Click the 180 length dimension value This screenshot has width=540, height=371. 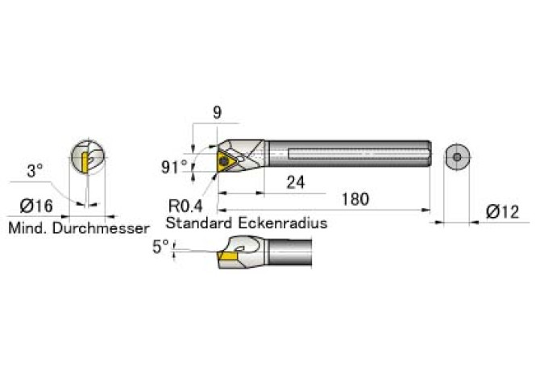(355, 199)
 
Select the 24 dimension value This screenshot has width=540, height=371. (296, 182)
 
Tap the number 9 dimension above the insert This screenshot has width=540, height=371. (217, 113)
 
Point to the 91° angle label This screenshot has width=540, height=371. (174, 167)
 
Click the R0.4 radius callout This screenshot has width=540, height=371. (185, 206)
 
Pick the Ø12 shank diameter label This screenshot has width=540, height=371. (502, 211)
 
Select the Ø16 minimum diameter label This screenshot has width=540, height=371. (36, 206)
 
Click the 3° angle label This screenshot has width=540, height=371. (35, 170)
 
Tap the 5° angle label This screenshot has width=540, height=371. (160, 247)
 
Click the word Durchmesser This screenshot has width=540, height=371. (101, 228)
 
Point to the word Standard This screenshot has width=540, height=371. (199, 223)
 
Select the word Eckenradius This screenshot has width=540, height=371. (282, 223)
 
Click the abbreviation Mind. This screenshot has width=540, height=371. (28, 228)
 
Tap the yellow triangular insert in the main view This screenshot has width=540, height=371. (225, 161)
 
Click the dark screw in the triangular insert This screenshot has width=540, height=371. (224, 160)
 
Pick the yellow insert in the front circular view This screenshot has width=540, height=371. (85, 163)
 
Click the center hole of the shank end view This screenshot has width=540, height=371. (457, 157)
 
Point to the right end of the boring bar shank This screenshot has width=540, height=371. (430, 153)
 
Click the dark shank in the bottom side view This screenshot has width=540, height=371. (289, 252)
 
